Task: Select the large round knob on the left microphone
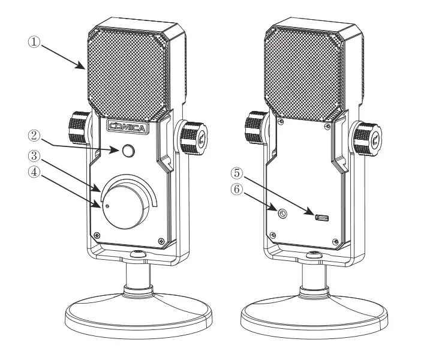(127, 205)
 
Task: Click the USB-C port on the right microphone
(321, 217)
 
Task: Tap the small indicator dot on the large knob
(107, 206)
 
